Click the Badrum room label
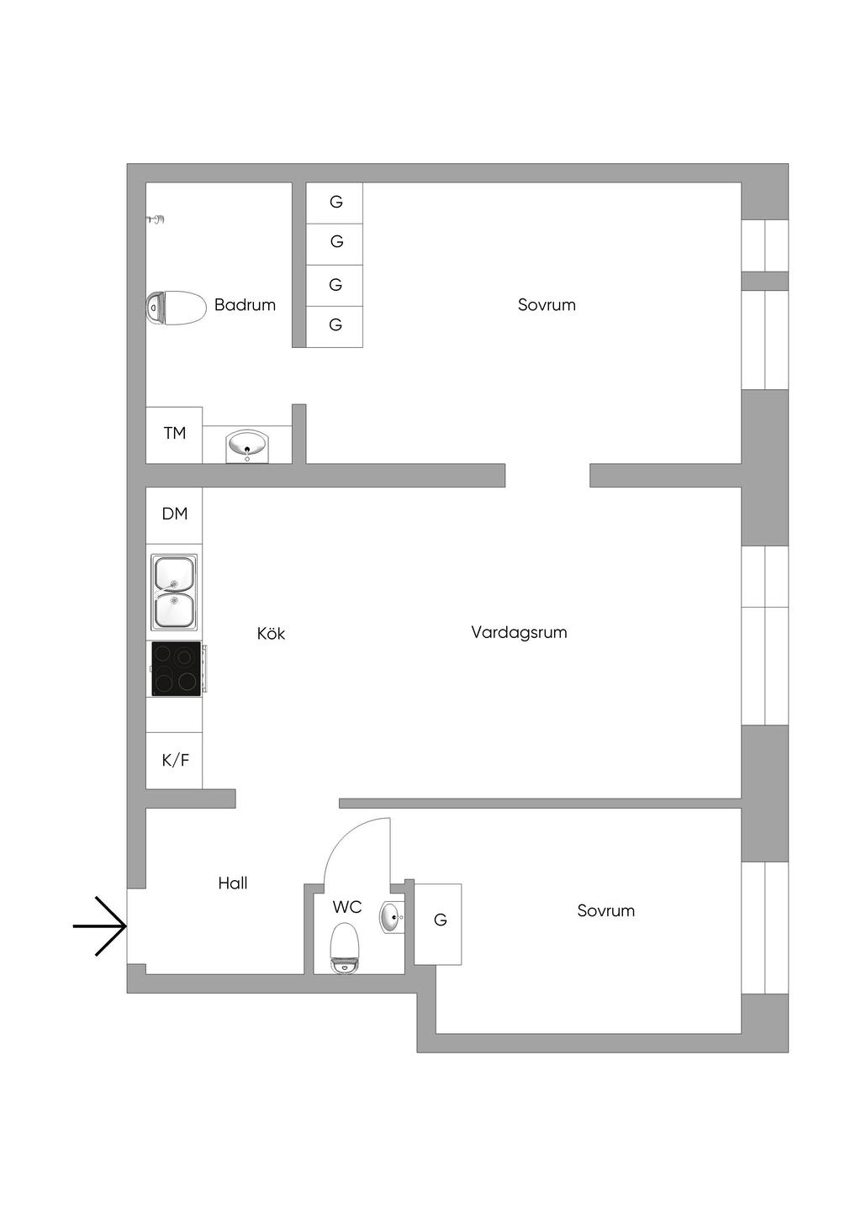tap(245, 305)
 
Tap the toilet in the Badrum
tap(176, 308)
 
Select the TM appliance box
tap(174, 434)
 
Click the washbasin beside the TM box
tap(247, 446)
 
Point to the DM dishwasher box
tap(174, 514)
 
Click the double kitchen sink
tap(174, 592)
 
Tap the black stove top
tap(176, 668)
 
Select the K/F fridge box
tap(175, 760)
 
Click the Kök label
tap(271, 634)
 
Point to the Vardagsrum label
tap(519, 632)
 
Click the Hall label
tap(233, 883)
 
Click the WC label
tap(346, 907)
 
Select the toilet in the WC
tap(345, 947)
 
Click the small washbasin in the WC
tap(392, 917)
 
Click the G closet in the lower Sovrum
tap(439, 920)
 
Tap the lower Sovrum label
tap(605, 911)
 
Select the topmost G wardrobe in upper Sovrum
tap(335, 203)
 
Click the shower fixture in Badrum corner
tap(156, 220)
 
